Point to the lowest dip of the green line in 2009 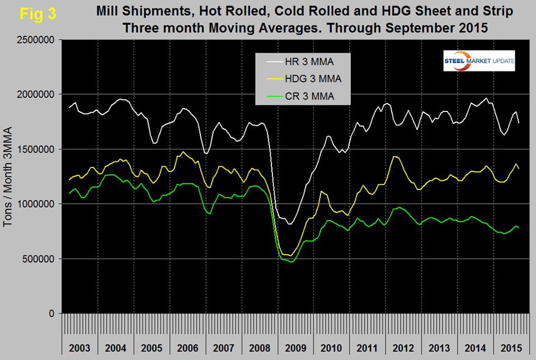point(291,261)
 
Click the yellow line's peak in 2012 point(396,157)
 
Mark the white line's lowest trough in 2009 point(289,224)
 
